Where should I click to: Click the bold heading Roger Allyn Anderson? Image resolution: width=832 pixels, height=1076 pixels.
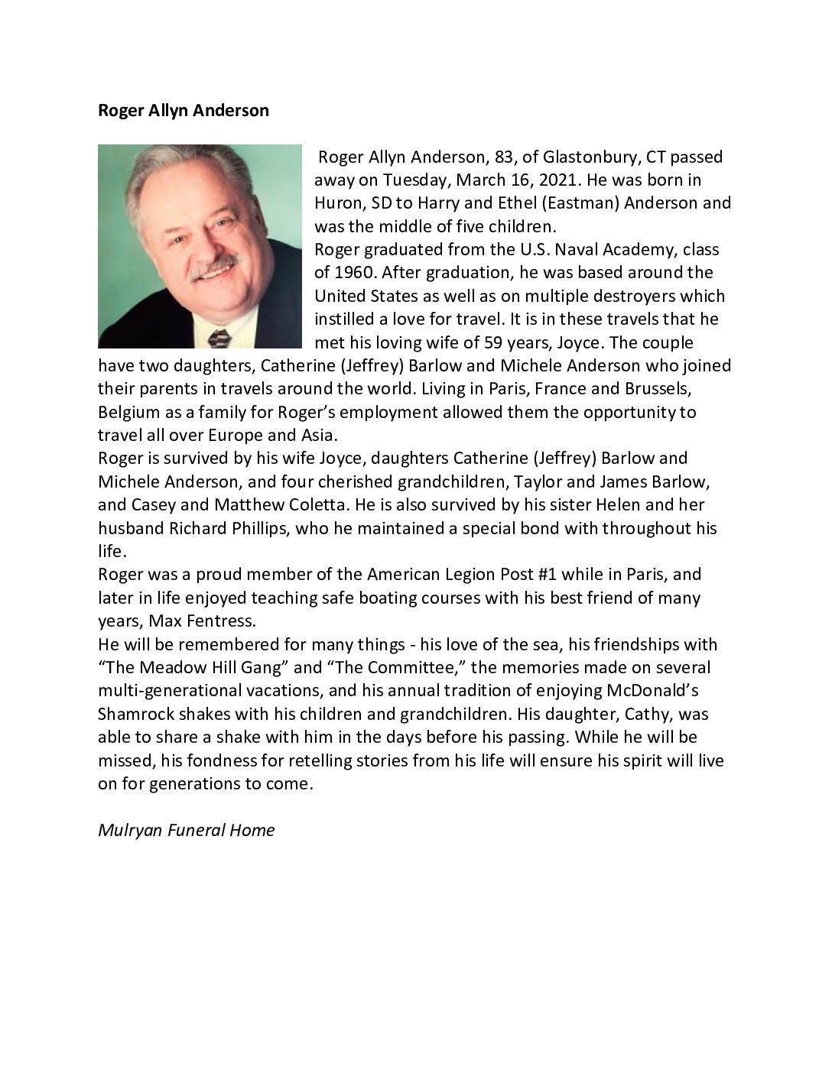184,110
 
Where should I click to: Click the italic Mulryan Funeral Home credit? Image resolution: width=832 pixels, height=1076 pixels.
186,830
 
